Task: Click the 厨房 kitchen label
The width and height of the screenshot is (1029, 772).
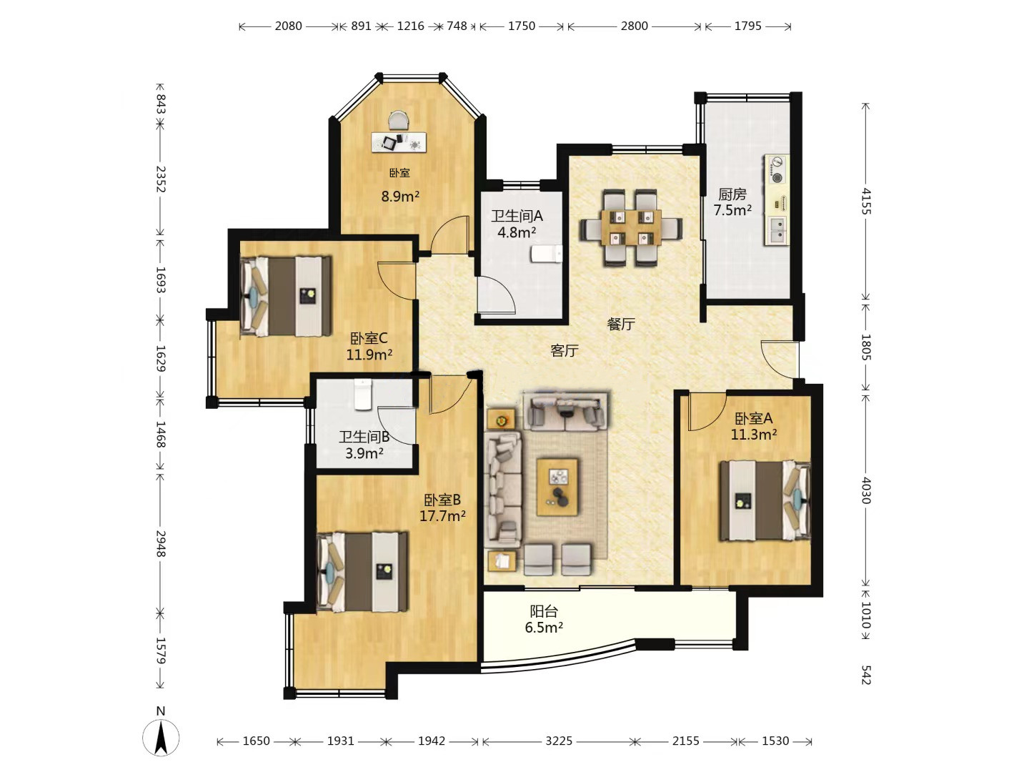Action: pos(732,194)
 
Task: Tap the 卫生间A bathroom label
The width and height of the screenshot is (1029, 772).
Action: pos(517,216)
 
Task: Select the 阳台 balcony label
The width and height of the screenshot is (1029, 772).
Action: pos(544,611)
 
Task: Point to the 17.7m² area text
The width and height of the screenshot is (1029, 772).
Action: pos(442,516)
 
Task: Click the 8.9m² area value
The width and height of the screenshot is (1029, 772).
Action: pos(400,197)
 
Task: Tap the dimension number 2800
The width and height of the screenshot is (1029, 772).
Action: pos(635,26)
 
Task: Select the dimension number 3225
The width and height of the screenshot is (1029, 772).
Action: pos(559,741)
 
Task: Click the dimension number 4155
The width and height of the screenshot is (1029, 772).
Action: pos(866,201)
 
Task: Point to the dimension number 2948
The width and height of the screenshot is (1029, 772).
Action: pos(161,544)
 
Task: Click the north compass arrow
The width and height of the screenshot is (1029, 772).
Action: pos(161,736)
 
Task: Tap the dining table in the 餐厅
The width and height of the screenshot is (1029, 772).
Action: pos(632,227)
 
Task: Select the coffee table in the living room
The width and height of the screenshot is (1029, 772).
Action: pos(557,488)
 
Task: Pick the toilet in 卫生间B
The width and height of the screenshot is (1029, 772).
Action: pos(362,395)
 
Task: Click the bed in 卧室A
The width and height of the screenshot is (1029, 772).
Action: pos(765,500)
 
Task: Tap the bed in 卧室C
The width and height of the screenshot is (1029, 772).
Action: pos(286,296)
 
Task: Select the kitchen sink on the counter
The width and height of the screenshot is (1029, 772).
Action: pos(777,230)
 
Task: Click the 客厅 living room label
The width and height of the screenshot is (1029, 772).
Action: pos(565,350)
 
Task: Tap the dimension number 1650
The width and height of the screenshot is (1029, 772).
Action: pos(256,741)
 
